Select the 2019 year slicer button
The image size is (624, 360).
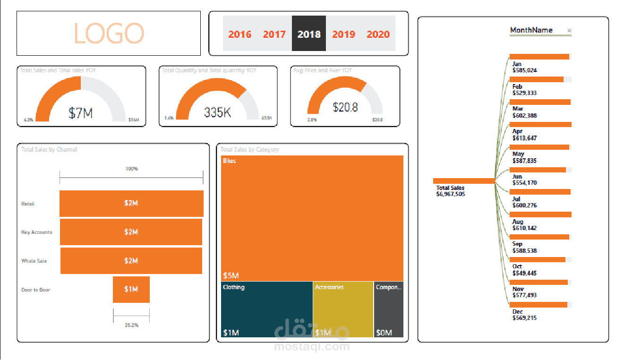click(343, 34)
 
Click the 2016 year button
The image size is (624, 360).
click(239, 34)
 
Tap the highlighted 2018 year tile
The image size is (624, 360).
click(309, 34)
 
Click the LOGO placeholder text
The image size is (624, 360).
click(109, 33)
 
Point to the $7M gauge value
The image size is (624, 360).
click(81, 113)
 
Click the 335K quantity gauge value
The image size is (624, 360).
click(217, 112)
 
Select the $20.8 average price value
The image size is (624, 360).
click(345, 107)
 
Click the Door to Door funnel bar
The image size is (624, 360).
click(131, 289)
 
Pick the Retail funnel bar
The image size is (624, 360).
click(131, 203)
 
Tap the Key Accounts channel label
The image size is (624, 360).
click(36, 232)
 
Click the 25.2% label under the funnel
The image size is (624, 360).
click(131, 325)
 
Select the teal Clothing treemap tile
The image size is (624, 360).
click(266, 309)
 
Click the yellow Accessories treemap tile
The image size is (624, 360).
click(343, 309)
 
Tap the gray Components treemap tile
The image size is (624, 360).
click(389, 309)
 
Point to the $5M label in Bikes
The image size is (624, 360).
click(231, 275)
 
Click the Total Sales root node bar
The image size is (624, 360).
click(463, 180)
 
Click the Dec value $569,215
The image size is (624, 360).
click(524, 318)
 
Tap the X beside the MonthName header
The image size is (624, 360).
click(569, 31)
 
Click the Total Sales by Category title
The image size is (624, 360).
click(249, 149)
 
